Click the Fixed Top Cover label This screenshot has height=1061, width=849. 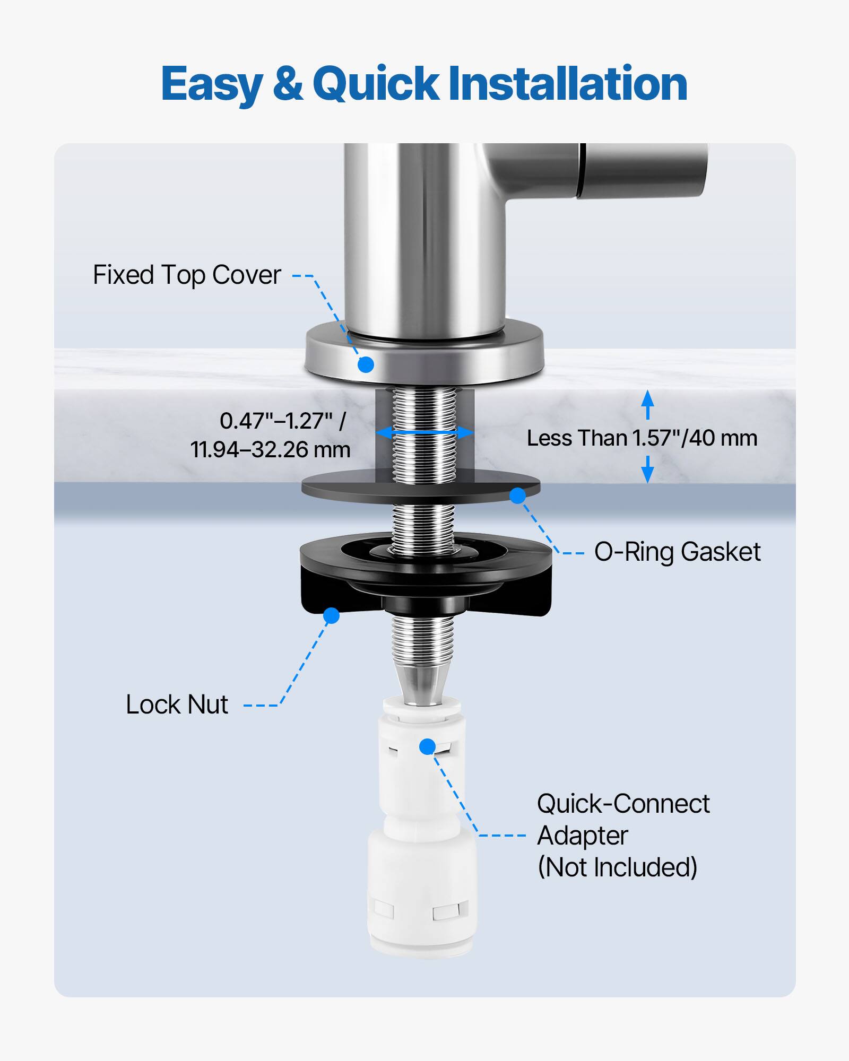[x=187, y=275]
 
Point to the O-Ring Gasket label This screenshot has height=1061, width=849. [x=677, y=552]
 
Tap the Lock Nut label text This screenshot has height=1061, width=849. [x=177, y=705]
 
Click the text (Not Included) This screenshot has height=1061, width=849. [x=617, y=867]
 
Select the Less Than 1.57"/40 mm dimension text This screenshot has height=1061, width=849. [x=642, y=438]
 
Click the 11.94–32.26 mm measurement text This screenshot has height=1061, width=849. [x=271, y=450]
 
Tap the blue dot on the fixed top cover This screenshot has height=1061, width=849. [x=366, y=364]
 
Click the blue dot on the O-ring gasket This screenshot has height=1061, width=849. [x=517, y=495]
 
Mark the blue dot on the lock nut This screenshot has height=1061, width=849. [x=331, y=615]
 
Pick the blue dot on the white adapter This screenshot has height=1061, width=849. [x=427, y=746]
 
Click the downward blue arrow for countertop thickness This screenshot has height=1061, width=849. [x=647, y=471]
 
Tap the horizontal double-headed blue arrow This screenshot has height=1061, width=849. [x=424, y=433]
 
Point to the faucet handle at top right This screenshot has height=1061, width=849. [x=645, y=170]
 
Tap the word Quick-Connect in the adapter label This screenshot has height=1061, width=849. [x=623, y=804]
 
